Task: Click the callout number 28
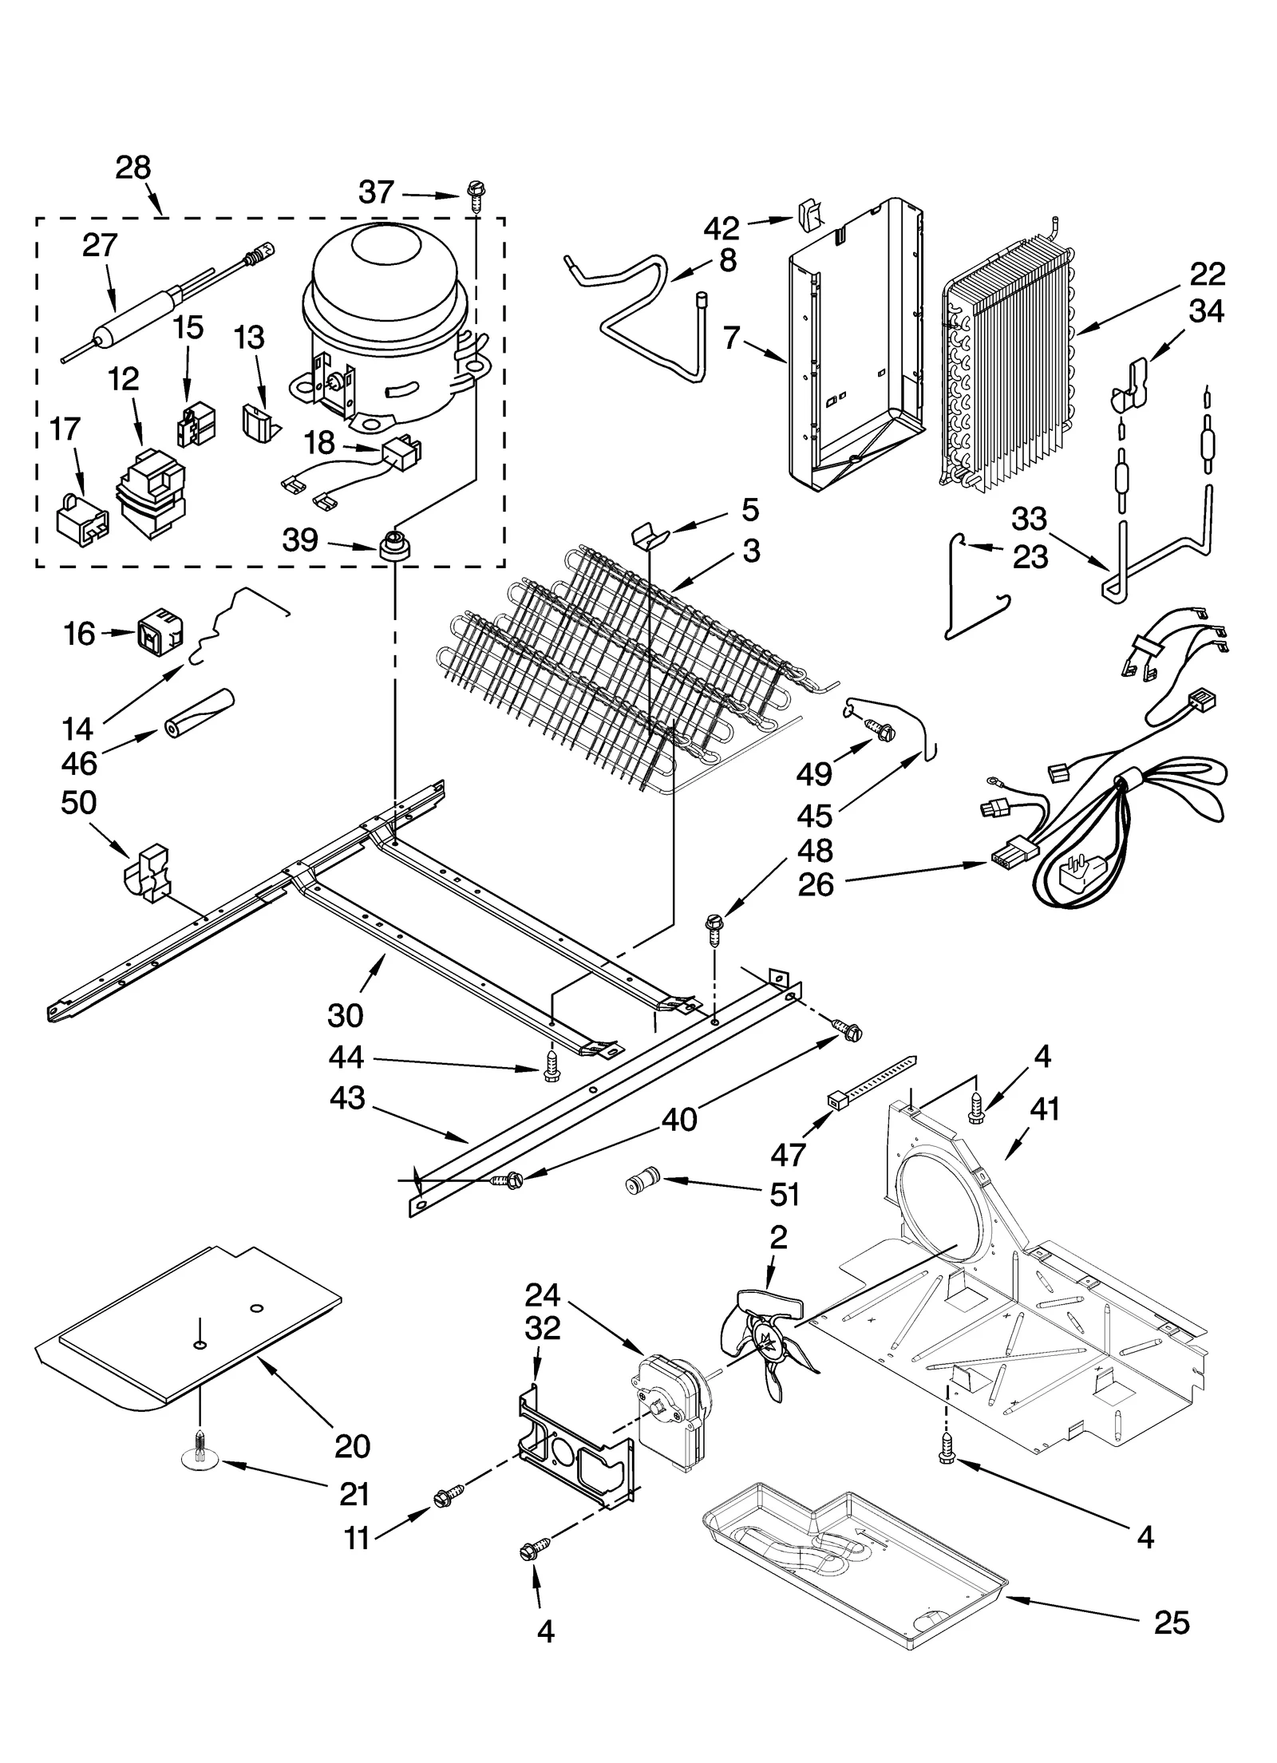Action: (132, 168)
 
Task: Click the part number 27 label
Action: (100, 246)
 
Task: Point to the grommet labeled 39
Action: (393, 548)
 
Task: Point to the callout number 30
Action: (345, 1015)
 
